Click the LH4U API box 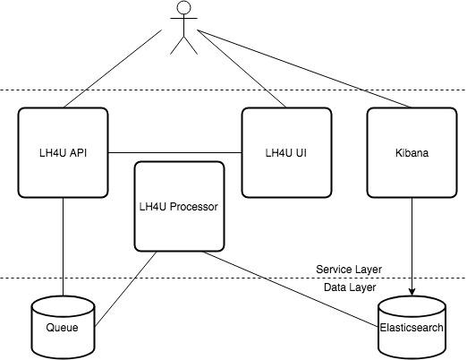pos(63,152)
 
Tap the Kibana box pos(412,152)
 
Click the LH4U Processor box pos(179,206)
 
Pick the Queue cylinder pos(62,326)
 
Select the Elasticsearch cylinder pos(412,326)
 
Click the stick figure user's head pos(185,10)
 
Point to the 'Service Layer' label pos(350,269)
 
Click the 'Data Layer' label pos(350,287)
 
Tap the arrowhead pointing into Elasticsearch pos(412,290)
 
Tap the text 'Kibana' pos(412,153)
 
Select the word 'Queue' pos(62,328)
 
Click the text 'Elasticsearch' pos(412,328)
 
